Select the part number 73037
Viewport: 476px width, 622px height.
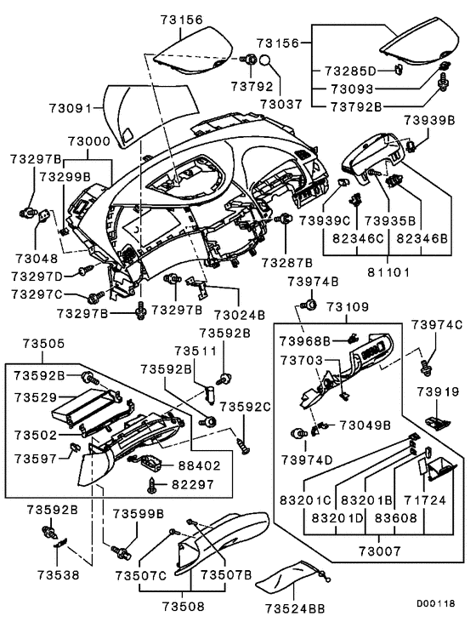280,103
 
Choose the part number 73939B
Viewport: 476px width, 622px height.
430,121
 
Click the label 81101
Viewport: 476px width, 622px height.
388,275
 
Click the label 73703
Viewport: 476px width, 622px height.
301,361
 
